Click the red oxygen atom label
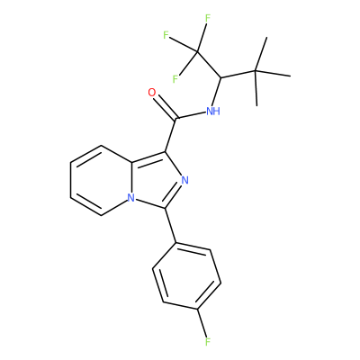coord(152,93)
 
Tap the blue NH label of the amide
coord(213,112)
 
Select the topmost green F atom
coord(208,19)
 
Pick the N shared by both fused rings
coord(130,198)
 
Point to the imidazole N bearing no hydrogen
coord(184,180)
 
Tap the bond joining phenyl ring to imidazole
coord(170,225)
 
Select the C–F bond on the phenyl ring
coord(202,323)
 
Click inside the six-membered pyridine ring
coord(101,180)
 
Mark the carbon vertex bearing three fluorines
coord(197,52)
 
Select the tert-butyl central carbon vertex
coord(256,71)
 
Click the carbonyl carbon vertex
coord(176,119)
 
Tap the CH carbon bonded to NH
coord(220,77)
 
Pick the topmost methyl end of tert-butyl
coord(266,38)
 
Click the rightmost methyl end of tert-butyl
coord(290,76)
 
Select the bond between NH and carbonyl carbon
coord(191,115)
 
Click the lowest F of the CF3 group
coord(175,79)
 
